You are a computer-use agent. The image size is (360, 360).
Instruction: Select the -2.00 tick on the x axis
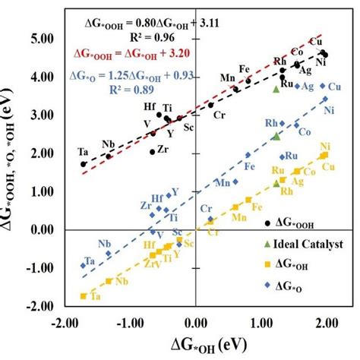click(65, 322)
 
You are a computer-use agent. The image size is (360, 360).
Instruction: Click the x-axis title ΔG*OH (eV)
click(201, 345)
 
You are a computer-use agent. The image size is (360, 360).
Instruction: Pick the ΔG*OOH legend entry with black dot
click(293, 221)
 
